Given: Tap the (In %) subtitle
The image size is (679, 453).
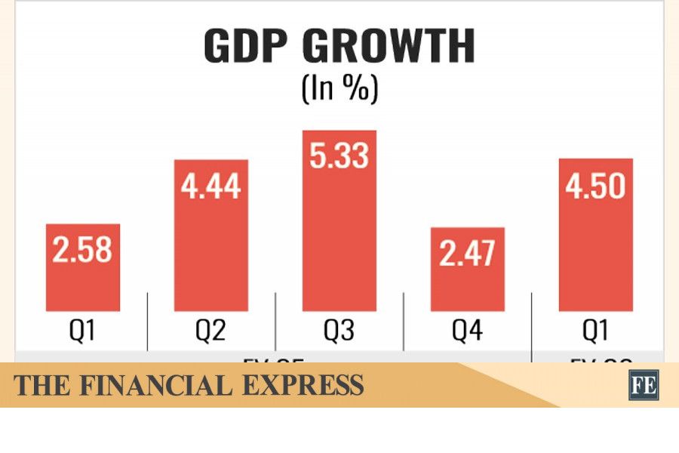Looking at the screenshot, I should point(339,88).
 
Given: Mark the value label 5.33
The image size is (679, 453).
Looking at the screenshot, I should point(339,157).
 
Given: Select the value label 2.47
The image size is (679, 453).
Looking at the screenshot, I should point(467,254).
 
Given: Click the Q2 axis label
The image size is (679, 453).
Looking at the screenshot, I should point(210,332).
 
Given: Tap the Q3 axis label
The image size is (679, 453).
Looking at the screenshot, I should point(339,332).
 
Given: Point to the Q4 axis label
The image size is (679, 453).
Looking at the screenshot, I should point(467,332).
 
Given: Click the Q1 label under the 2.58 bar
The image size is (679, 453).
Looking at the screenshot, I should point(82,332).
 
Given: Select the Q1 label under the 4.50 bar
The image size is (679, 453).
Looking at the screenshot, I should point(595,332).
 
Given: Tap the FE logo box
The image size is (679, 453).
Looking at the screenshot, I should point(644,385).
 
